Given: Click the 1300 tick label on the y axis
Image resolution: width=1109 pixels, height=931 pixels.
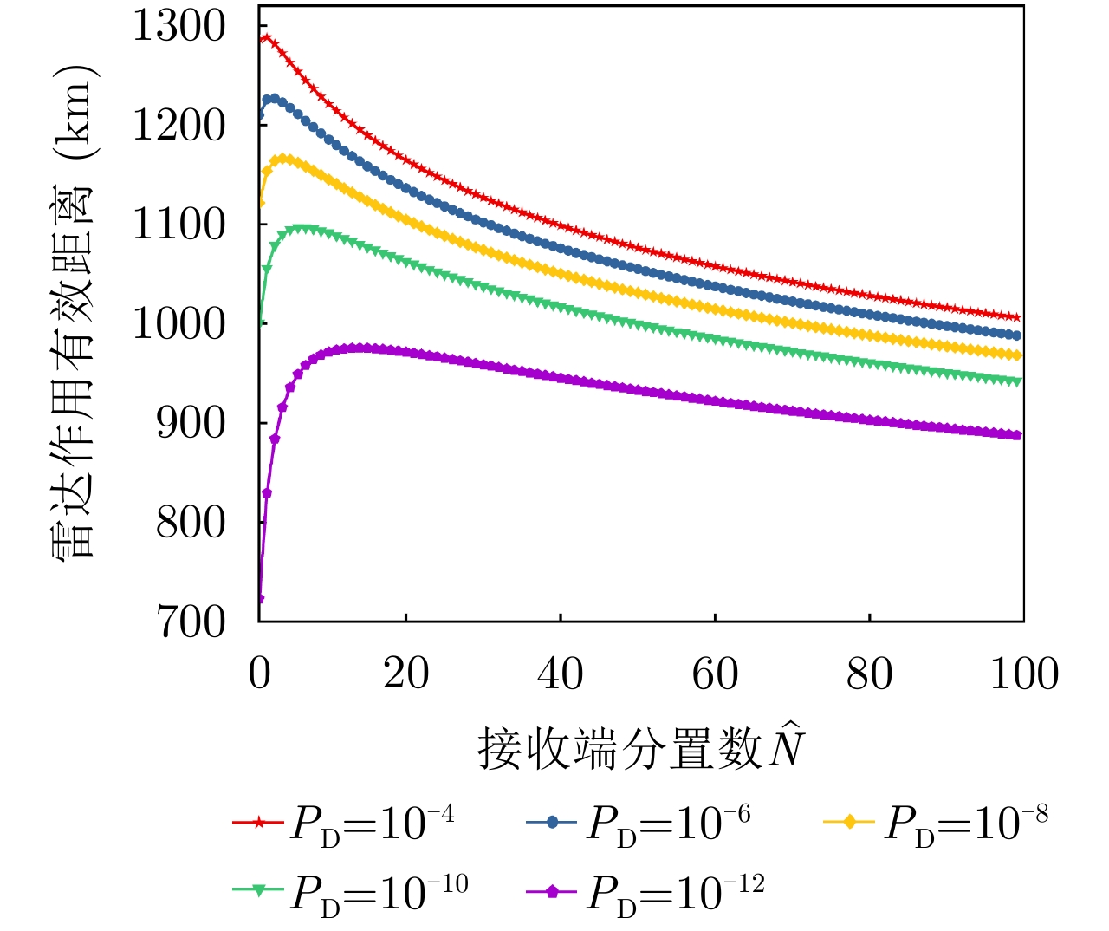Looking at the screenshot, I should coord(178,27).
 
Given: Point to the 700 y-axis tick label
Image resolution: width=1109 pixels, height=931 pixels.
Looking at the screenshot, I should coord(190,622).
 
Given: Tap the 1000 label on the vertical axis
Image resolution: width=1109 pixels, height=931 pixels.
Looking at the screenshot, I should coord(178,324).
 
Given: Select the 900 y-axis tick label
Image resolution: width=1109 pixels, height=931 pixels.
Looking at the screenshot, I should coord(190,424).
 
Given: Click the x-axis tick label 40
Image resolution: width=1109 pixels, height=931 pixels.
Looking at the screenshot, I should coord(561,674).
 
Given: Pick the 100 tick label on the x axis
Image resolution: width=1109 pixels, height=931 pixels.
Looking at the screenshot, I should coord(1023,674).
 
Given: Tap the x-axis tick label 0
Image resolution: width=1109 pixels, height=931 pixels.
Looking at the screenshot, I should coord(259,674).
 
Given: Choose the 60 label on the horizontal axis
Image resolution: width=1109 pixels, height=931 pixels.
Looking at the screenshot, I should coord(715,674).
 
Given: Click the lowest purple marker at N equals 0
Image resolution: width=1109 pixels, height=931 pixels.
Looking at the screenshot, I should coord(259,599).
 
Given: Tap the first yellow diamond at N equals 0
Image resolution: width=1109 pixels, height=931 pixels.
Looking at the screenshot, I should coord(260,202).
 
